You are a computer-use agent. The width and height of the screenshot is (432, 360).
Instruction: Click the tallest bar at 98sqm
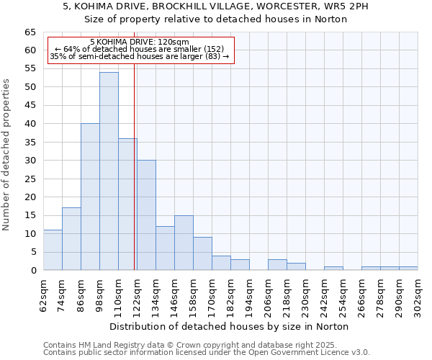(109, 171)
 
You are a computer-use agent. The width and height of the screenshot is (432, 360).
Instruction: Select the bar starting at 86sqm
(90, 197)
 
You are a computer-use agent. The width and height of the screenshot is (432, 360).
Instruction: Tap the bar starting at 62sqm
(53, 250)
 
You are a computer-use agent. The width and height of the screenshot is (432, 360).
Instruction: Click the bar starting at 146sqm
(184, 243)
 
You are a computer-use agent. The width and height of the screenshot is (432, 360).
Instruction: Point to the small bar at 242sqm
(333, 269)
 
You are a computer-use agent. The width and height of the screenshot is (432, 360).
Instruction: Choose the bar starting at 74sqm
(71, 239)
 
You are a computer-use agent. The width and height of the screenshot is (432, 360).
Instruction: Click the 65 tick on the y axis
(30, 32)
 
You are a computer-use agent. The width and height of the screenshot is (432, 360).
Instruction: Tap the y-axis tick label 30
(30, 161)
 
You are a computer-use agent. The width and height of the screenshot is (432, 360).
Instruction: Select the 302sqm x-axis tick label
(418, 294)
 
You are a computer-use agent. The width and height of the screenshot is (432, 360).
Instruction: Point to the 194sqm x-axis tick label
(250, 294)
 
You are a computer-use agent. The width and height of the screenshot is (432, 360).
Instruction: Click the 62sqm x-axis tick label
(44, 294)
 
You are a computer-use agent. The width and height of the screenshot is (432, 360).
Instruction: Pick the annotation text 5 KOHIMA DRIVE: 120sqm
(140, 42)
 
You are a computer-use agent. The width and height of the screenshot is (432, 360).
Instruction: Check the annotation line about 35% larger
(140, 56)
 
